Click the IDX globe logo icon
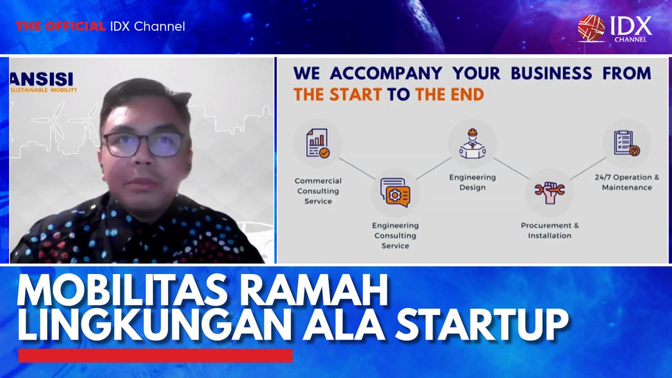pos(591,28)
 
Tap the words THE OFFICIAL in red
pos(60,26)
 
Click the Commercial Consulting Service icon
pos(318,143)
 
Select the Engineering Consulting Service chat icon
pos(395,192)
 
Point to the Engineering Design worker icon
pos(472,144)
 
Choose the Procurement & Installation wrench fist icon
pos(550,193)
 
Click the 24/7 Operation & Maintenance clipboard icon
pos(627,143)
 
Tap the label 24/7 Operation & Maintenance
pos(627,182)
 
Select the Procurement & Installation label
pos(550,230)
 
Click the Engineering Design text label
pos(472,182)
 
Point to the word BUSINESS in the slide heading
pos(551,73)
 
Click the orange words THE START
pos(338,94)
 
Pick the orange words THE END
pos(450,94)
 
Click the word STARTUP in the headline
pos(482,326)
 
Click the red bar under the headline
pos(155,356)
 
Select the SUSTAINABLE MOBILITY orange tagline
pos(44,90)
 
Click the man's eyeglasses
pos(143,144)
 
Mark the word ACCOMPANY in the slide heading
pos(386,73)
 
